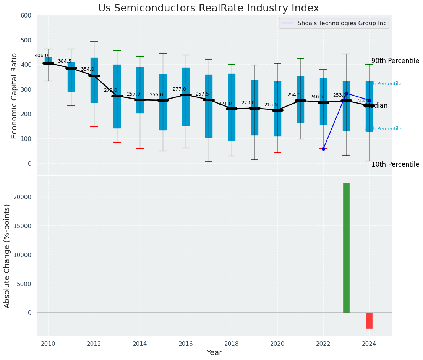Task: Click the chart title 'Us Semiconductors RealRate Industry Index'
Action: click(x=208, y=8)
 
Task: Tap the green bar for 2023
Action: click(x=346, y=248)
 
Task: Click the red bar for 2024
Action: click(x=369, y=321)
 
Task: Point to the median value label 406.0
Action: click(x=41, y=55)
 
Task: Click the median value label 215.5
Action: click(x=271, y=105)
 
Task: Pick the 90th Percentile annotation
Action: click(x=395, y=61)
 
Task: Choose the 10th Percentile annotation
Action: click(x=395, y=164)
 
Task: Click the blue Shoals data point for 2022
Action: click(x=323, y=149)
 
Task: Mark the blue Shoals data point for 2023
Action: click(x=346, y=93)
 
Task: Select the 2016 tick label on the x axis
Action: click(x=186, y=344)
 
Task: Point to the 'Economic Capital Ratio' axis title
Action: click(x=15, y=96)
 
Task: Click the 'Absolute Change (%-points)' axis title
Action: click(x=7, y=256)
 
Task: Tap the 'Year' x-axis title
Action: click(x=214, y=353)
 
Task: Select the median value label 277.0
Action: click(x=179, y=89)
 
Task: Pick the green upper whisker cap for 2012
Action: click(x=94, y=42)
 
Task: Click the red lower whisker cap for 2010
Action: click(x=48, y=81)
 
